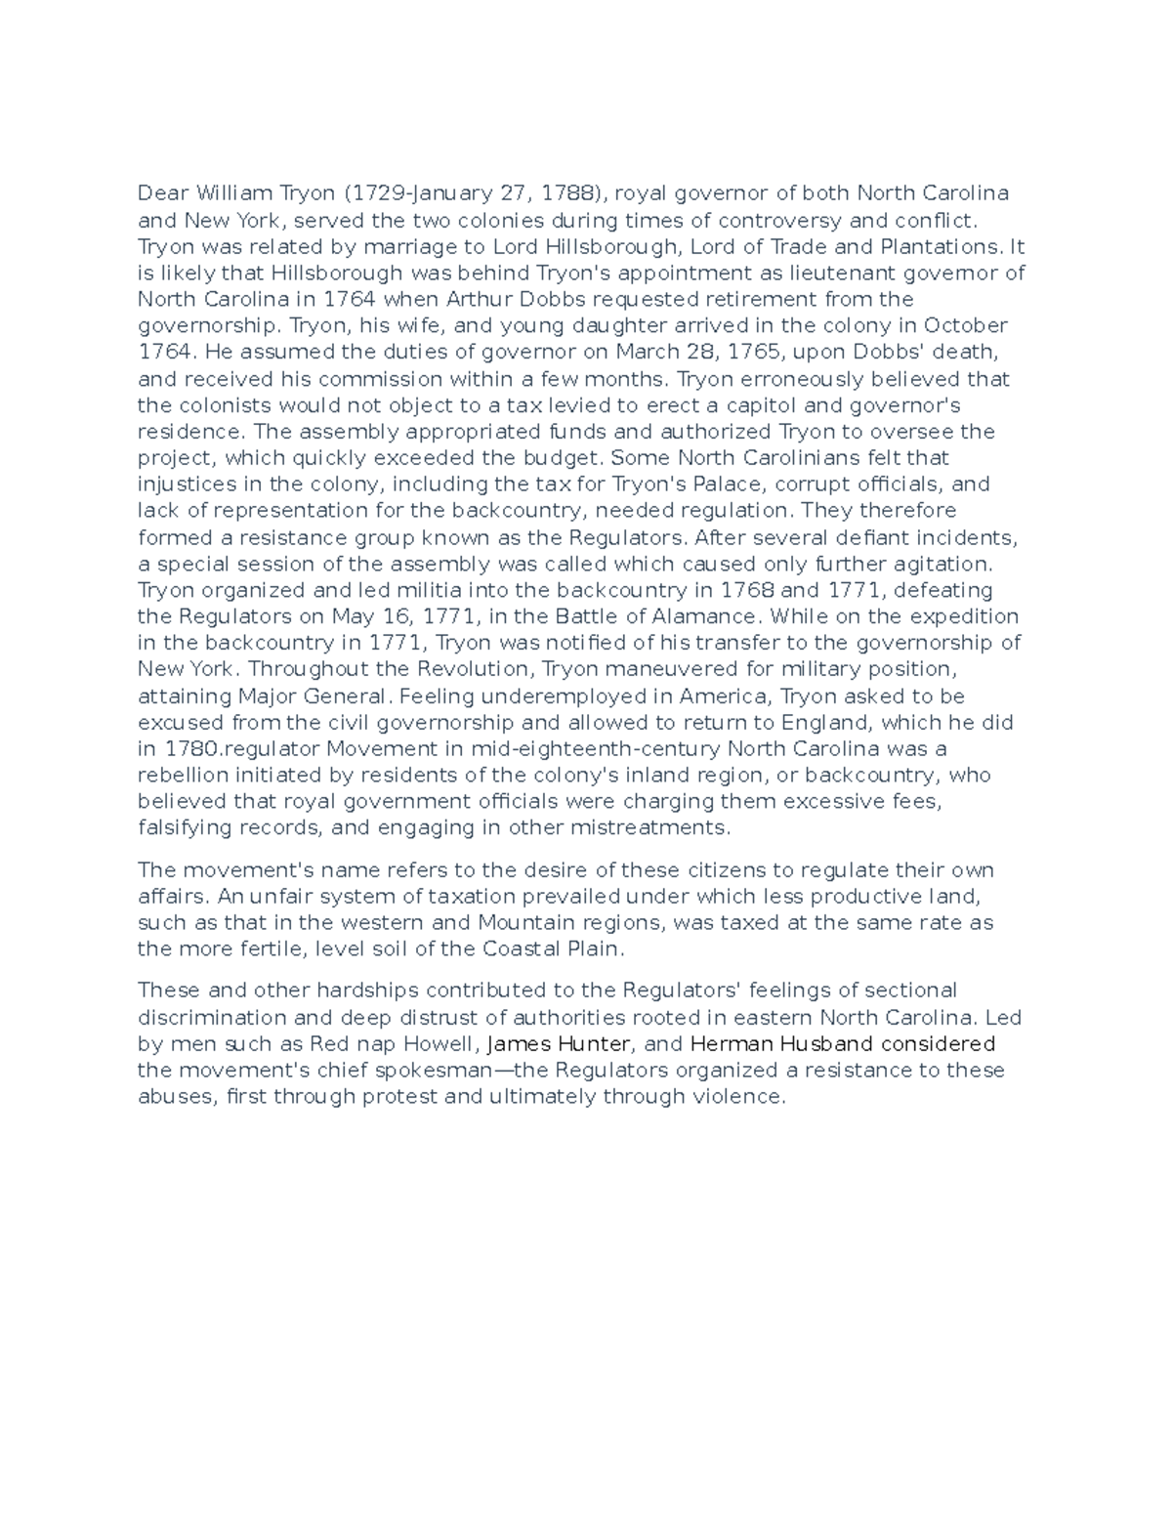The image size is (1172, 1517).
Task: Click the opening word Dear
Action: click(x=163, y=192)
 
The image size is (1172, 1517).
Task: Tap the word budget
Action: click(x=564, y=457)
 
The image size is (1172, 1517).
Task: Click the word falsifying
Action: click(x=185, y=827)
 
